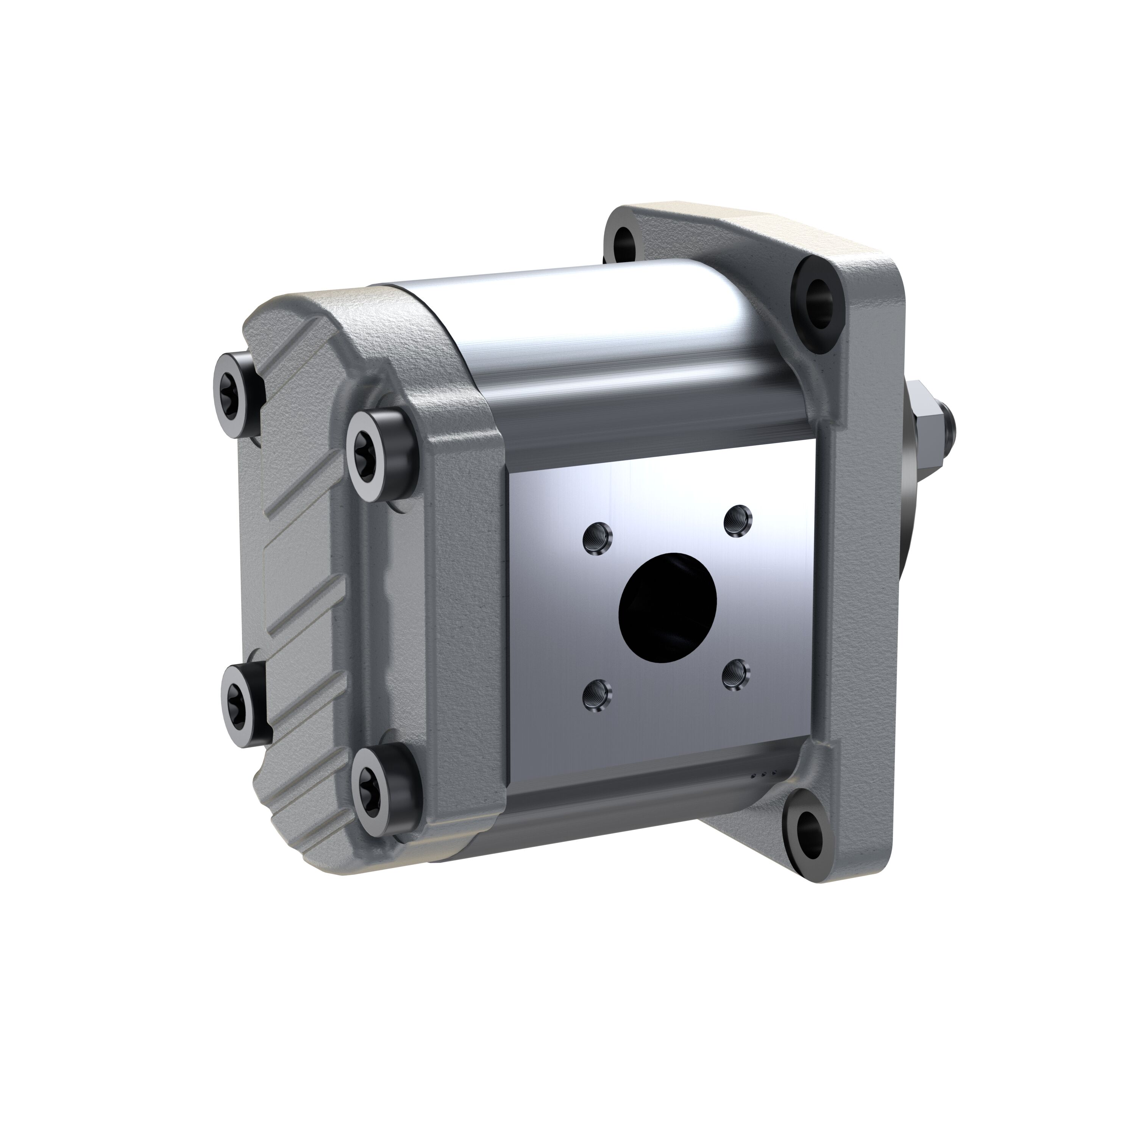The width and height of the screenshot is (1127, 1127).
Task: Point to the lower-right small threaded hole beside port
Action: click(735, 675)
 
